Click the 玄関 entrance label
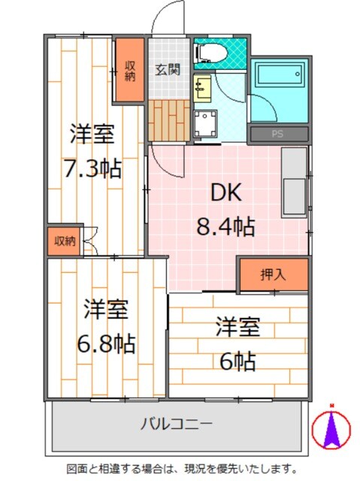pos(167,71)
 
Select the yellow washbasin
pos(201,88)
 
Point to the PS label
pos(278,135)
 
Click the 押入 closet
pos(273,275)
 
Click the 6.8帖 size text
pos(105,343)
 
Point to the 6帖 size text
pos(238,362)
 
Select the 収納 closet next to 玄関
pos(129,70)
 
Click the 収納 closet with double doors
pos(64,240)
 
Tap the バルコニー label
pos(177,424)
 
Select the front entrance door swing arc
pos(167,19)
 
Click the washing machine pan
pos(204,123)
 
